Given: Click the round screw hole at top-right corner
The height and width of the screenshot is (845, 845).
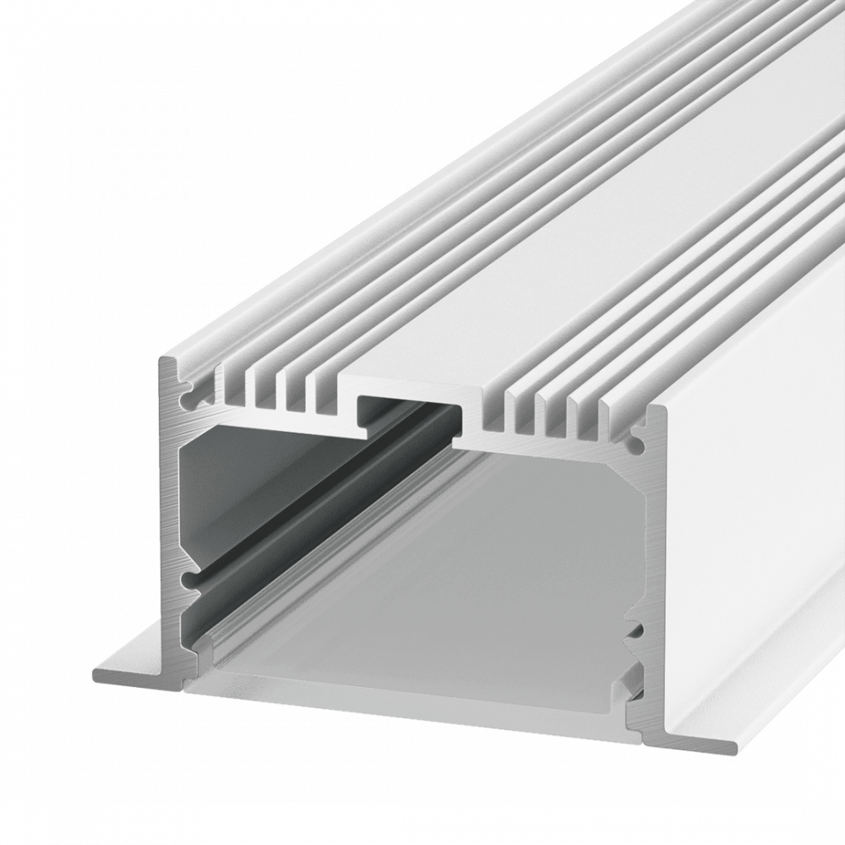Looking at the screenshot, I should (635, 440).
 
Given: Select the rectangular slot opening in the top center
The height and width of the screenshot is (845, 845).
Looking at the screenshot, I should (412, 404).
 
